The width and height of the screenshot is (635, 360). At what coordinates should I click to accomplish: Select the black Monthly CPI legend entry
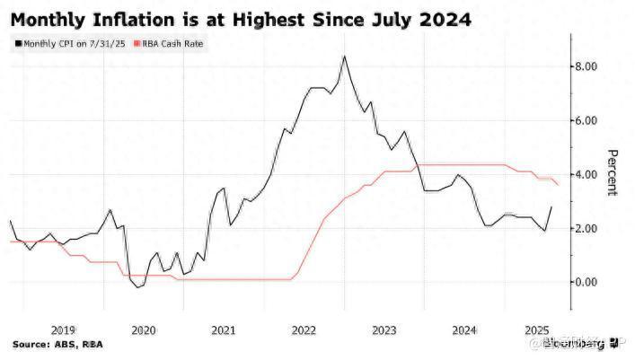(66, 42)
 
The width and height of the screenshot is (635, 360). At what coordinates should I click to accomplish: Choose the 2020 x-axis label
(145, 329)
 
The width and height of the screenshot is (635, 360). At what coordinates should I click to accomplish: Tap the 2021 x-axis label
(224, 329)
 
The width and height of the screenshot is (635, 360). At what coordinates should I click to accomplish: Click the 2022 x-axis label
(303, 329)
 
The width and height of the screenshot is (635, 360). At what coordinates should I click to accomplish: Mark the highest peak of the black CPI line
(344, 57)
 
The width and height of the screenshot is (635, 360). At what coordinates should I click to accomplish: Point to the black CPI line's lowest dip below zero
(137, 287)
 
